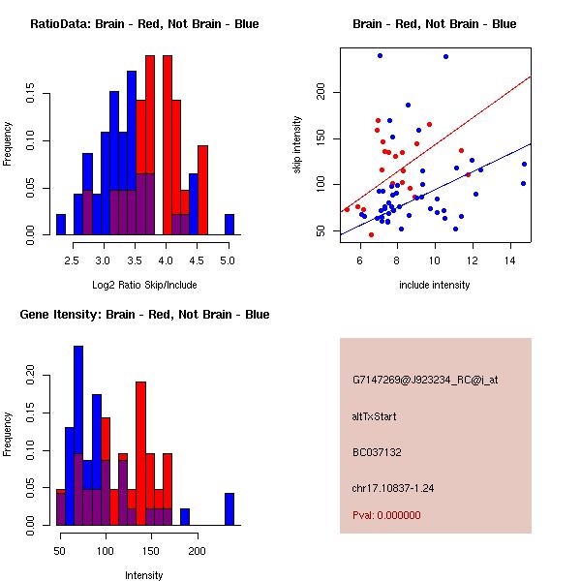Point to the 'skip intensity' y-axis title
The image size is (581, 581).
pyautogui.click(x=296, y=145)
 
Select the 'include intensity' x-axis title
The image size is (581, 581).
pyautogui.click(x=435, y=286)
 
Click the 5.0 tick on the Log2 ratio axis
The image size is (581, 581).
pyautogui.click(x=228, y=260)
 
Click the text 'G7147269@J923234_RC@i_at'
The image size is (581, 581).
pyautogui.click(x=425, y=381)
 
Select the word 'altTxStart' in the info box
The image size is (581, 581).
pyautogui.click(x=375, y=416)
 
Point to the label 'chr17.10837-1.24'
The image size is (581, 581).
pyautogui.click(x=393, y=488)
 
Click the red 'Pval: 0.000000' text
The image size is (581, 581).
pyautogui.click(x=386, y=516)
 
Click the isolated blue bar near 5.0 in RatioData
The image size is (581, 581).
pyautogui.click(x=229, y=225)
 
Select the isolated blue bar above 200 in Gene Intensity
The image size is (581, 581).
pyautogui.click(x=229, y=509)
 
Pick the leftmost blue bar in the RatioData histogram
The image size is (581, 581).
pyautogui.click(x=61, y=225)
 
